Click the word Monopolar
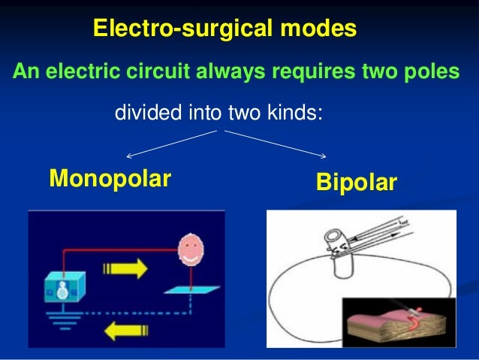click(x=110, y=179)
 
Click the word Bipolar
click(x=355, y=183)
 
